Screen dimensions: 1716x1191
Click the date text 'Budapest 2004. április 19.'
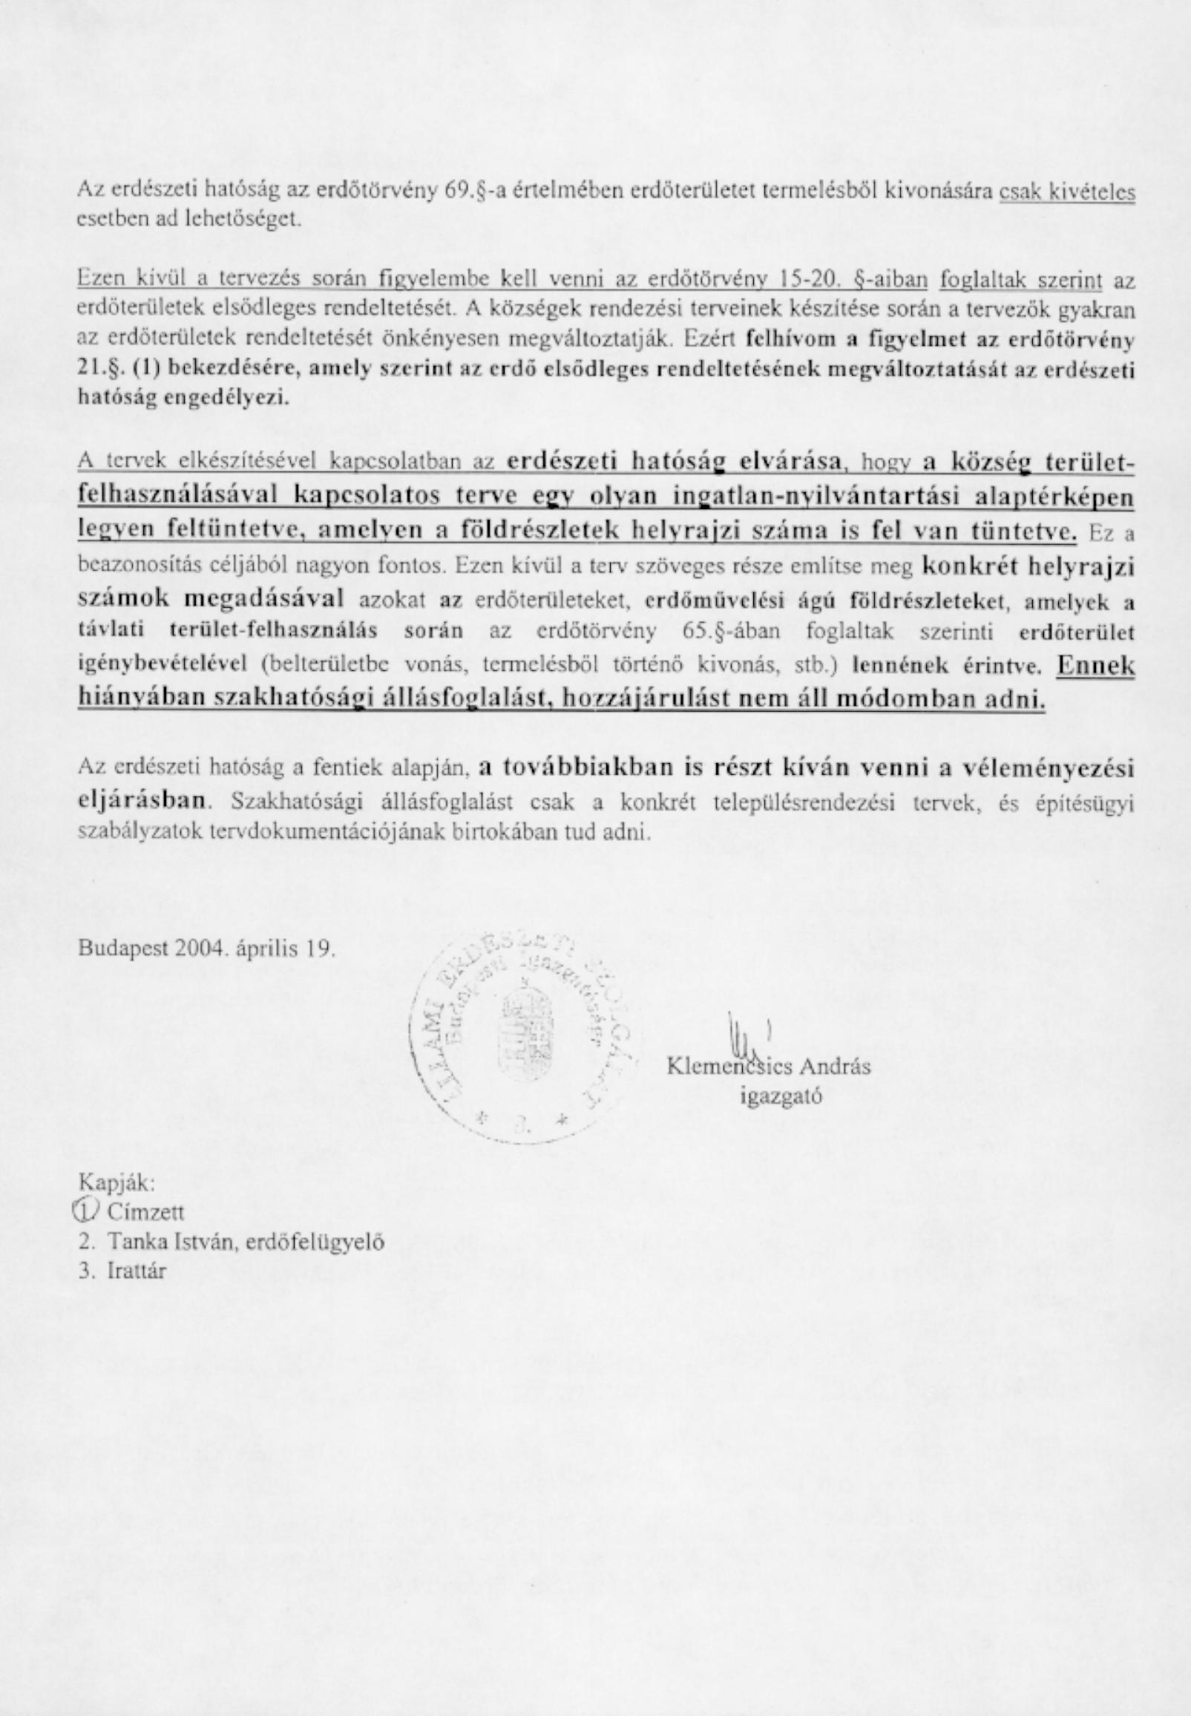point(207,949)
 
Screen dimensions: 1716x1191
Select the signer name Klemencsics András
point(769,1067)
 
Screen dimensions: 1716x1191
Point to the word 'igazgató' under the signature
point(781,1096)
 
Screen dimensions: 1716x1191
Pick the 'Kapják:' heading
point(117,1183)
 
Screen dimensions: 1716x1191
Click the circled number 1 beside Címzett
point(88,1211)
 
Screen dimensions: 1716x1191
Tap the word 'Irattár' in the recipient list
point(137,1271)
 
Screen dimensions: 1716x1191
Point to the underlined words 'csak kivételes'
point(1067,193)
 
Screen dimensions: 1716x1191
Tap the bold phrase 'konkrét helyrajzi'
point(1028,566)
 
